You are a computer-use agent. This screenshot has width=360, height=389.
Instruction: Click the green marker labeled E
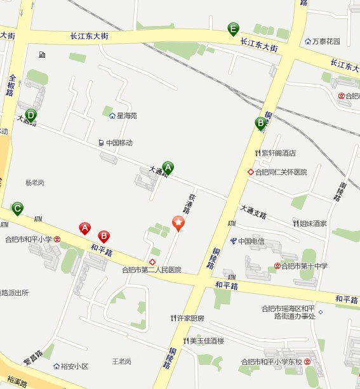tap(234, 29)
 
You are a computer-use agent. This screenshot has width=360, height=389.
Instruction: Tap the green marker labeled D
tap(30, 115)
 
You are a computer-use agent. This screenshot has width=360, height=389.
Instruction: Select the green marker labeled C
tap(18, 208)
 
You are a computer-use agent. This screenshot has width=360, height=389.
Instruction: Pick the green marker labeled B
tap(260, 122)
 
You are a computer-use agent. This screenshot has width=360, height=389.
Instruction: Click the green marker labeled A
tap(168, 167)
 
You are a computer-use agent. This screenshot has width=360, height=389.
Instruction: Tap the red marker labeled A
tap(84, 228)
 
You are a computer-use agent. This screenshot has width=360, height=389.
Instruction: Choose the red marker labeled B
tap(103, 236)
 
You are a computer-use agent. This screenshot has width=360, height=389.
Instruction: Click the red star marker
tap(178, 223)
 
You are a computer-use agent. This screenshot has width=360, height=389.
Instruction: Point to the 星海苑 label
tap(126, 115)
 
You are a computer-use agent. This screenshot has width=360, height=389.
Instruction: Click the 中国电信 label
tap(251, 241)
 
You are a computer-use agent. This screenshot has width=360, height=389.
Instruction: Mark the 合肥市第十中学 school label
tap(304, 266)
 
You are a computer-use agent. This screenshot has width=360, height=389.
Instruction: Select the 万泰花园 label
tap(326, 41)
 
